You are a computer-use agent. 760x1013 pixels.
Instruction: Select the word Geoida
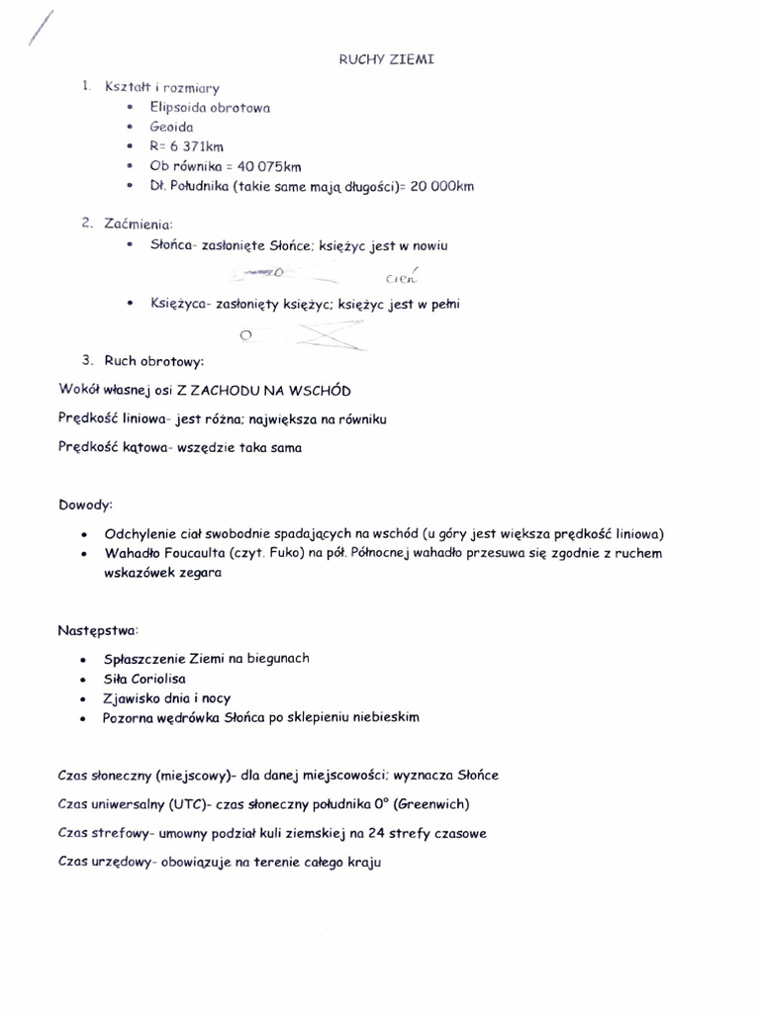tap(171, 127)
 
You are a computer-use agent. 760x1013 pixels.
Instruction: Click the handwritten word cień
tap(402, 277)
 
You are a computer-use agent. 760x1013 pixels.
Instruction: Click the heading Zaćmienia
tap(138, 224)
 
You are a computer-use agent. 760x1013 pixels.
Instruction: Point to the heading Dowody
tap(86, 505)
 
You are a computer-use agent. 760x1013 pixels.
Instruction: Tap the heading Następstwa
tap(98, 629)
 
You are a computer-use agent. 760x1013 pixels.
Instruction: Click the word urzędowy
tap(118, 863)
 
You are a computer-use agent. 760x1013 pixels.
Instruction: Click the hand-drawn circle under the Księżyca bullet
tap(246, 334)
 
